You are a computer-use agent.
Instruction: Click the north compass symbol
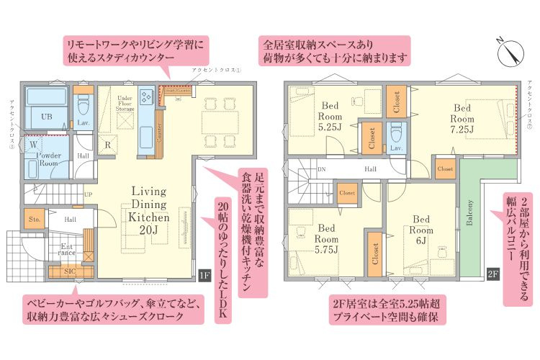[512, 53]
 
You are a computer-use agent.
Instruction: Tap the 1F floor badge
[204, 275]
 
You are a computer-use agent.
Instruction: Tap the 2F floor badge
[493, 274]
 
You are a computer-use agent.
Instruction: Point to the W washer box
[33, 143]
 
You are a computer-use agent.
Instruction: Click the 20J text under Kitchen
[149, 230]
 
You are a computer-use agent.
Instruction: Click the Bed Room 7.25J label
[462, 119]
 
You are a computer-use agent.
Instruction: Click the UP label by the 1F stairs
[88, 194]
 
